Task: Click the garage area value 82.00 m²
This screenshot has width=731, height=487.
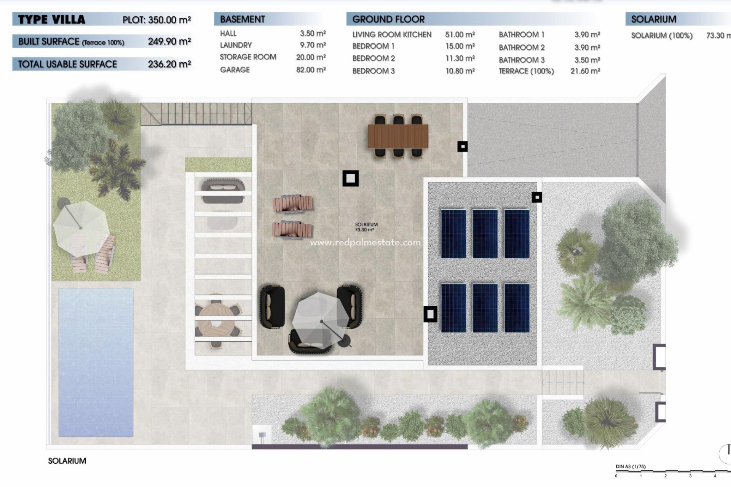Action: pos(311,70)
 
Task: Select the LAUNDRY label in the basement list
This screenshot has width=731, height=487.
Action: pos(236,45)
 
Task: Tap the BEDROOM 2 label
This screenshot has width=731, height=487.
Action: pos(373,59)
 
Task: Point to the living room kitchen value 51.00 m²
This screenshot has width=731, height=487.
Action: pos(460,35)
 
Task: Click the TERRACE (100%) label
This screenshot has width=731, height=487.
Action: pos(526,71)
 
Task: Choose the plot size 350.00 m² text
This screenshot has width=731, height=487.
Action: pos(156,20)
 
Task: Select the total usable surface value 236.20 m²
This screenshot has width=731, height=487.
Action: pos(169,64)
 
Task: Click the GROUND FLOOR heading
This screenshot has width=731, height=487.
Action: pos(388,19)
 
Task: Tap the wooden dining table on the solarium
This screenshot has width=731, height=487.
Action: pos(398,136)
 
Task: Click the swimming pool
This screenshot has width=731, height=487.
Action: pos(96,362)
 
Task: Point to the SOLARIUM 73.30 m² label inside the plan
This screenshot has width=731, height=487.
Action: pos(366,227)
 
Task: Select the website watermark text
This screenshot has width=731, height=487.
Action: pos(365,242)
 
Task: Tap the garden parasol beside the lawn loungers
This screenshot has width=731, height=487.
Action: pos(81,228)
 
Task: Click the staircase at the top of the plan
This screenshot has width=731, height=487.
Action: pos(196,113)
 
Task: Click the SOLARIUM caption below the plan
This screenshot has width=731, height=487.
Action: pos(67,461)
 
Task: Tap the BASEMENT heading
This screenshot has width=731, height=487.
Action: pos(242,19)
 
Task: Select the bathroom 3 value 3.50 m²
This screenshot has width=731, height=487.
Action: pos(587,60)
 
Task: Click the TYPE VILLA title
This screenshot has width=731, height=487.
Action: pos(51,19)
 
